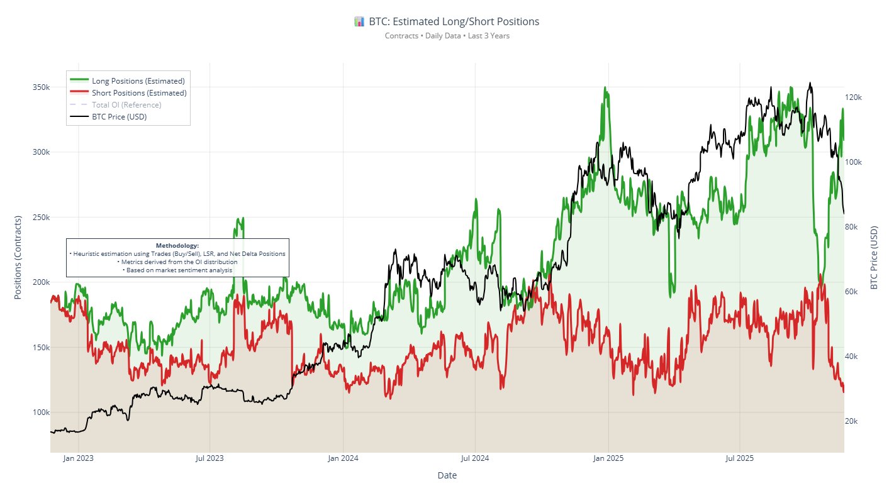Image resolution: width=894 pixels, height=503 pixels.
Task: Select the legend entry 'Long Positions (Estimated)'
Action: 138,81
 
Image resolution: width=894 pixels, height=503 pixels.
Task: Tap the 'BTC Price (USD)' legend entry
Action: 119,117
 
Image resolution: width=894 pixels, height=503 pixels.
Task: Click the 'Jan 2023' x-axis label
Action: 78,458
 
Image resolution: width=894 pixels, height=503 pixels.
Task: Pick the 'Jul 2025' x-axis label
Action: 740,458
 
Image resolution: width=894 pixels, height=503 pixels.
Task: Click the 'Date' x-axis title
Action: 447,475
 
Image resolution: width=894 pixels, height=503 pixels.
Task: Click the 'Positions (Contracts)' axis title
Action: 18,257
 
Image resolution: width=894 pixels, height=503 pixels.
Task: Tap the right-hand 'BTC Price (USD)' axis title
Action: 874,257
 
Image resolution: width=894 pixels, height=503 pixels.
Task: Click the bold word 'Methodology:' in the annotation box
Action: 177,245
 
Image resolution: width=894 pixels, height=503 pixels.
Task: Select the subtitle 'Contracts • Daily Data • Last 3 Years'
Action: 447,36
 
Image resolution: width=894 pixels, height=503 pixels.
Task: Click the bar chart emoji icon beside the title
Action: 359,21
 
